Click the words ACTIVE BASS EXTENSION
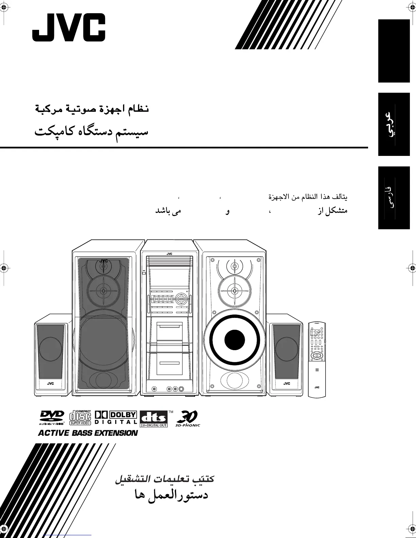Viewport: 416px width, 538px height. pos(88,433)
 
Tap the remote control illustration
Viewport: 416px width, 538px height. pos(316,359)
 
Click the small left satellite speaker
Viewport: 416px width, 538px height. pos(51,355)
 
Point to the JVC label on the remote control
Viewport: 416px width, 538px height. pos(317,387)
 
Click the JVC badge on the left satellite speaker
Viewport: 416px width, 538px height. pos(50,383)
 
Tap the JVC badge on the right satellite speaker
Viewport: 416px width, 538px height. pos(287,383)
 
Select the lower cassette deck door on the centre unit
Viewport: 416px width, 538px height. pos(169,365)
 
